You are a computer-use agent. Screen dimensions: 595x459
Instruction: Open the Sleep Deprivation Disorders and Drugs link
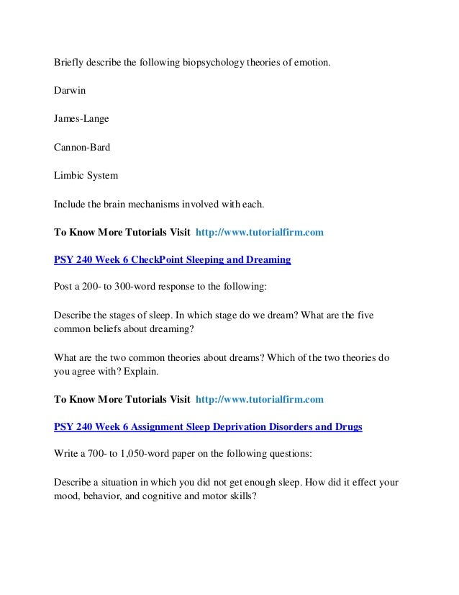point(209,426)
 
